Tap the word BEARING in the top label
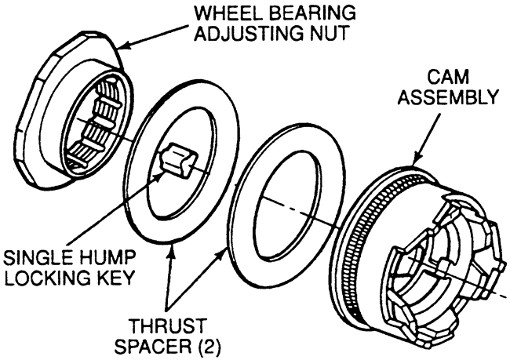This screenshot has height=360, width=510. [312, 13]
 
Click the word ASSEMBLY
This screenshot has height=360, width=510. [449, 97]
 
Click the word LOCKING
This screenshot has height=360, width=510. [45, 278]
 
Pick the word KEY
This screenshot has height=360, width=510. [113, 278]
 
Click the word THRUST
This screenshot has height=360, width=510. [168, 325]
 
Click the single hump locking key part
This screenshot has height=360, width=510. [179, 160]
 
